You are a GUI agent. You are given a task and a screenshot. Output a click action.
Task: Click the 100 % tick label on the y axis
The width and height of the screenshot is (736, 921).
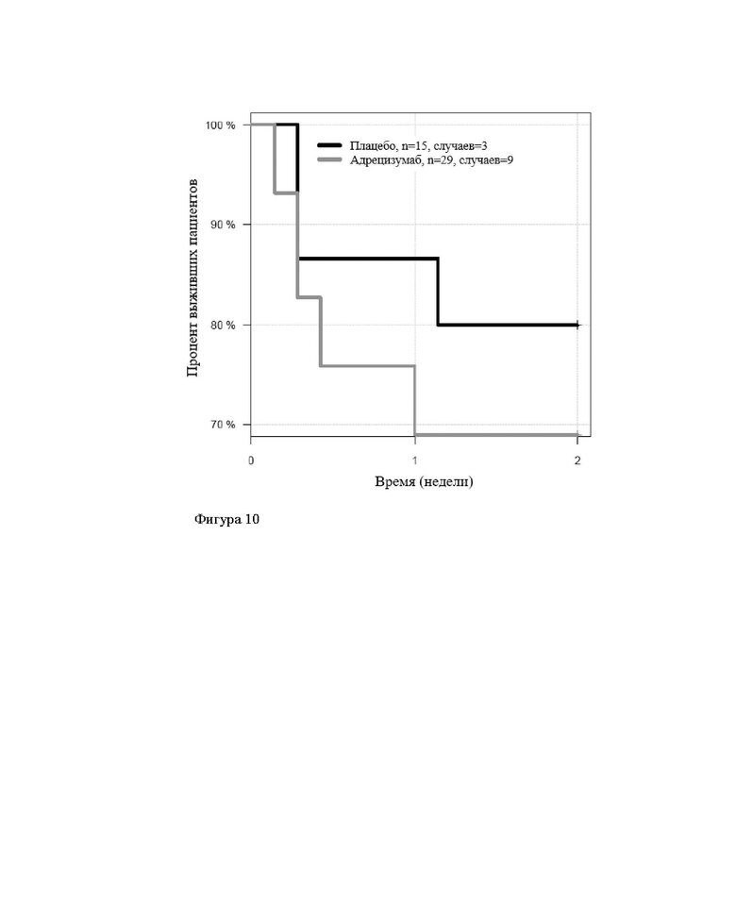click(x=221, y=126)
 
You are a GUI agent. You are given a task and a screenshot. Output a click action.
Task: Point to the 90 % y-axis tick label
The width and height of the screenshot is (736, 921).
click(x=224, y=225)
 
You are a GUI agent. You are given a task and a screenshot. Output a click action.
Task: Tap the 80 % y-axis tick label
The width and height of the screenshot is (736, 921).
click(x=224, y=325)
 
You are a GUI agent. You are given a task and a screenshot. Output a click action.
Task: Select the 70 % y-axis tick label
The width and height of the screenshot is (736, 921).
click(x=224, y=425)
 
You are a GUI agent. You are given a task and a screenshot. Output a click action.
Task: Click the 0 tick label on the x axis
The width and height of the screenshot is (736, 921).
click(x=251, y=460)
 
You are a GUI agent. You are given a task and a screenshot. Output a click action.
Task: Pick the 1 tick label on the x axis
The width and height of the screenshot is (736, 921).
click(x=415, y=460)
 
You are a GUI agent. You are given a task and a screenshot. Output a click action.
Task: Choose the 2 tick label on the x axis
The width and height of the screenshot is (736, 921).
click(x=577, y=460)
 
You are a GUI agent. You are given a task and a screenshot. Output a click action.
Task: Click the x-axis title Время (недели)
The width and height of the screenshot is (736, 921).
click(x=424, y=482)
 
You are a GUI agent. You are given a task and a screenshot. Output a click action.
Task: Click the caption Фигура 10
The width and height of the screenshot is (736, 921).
click(x=226, y=519)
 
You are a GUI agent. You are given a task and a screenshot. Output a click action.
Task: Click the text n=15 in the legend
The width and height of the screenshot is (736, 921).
click(x=413, y=146)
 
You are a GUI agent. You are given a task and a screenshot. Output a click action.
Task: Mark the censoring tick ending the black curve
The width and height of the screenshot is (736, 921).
click(x=577, y=325)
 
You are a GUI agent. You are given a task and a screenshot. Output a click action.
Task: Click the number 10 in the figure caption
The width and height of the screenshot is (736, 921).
click(x=252, y=519)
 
